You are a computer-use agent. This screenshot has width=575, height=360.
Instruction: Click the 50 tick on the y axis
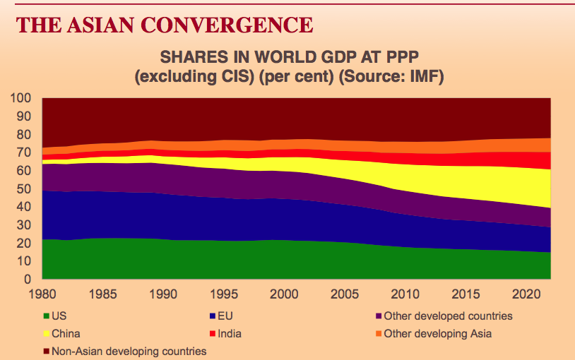(x=24, y=189)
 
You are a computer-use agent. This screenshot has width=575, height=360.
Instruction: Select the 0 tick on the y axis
(x=28, y=280)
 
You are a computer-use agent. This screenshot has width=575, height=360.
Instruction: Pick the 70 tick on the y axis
(x=24, y=152)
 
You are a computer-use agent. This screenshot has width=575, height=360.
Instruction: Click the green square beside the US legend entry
(x=47, y=317)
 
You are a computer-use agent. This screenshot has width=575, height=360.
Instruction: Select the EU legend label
(x=236, y=316)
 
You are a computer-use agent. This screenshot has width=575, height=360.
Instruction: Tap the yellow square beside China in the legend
(x=47, y=334)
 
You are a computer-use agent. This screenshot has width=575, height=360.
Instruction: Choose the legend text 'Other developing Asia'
(x=444, y=333)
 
